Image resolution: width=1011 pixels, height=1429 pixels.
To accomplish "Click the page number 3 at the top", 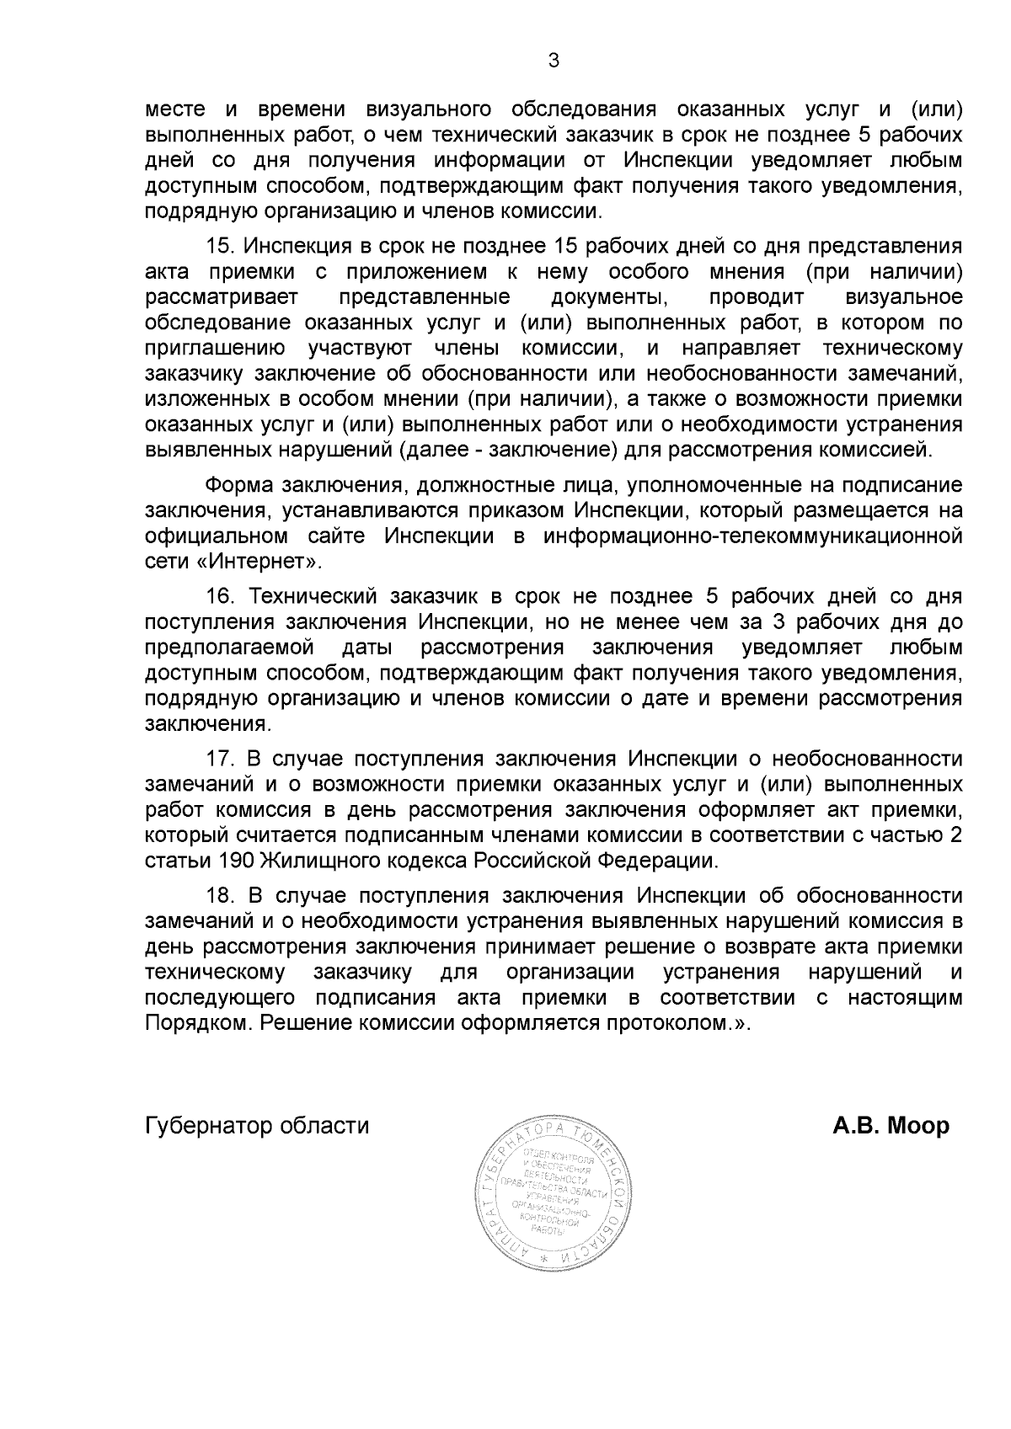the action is tap(554, 61).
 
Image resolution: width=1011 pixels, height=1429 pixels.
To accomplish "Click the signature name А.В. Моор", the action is tap(891, 1126).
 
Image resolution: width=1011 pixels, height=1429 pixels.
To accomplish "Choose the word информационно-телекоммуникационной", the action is tap(753, 536).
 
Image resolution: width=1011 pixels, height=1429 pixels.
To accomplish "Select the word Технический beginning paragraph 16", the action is tap(311, 596).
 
